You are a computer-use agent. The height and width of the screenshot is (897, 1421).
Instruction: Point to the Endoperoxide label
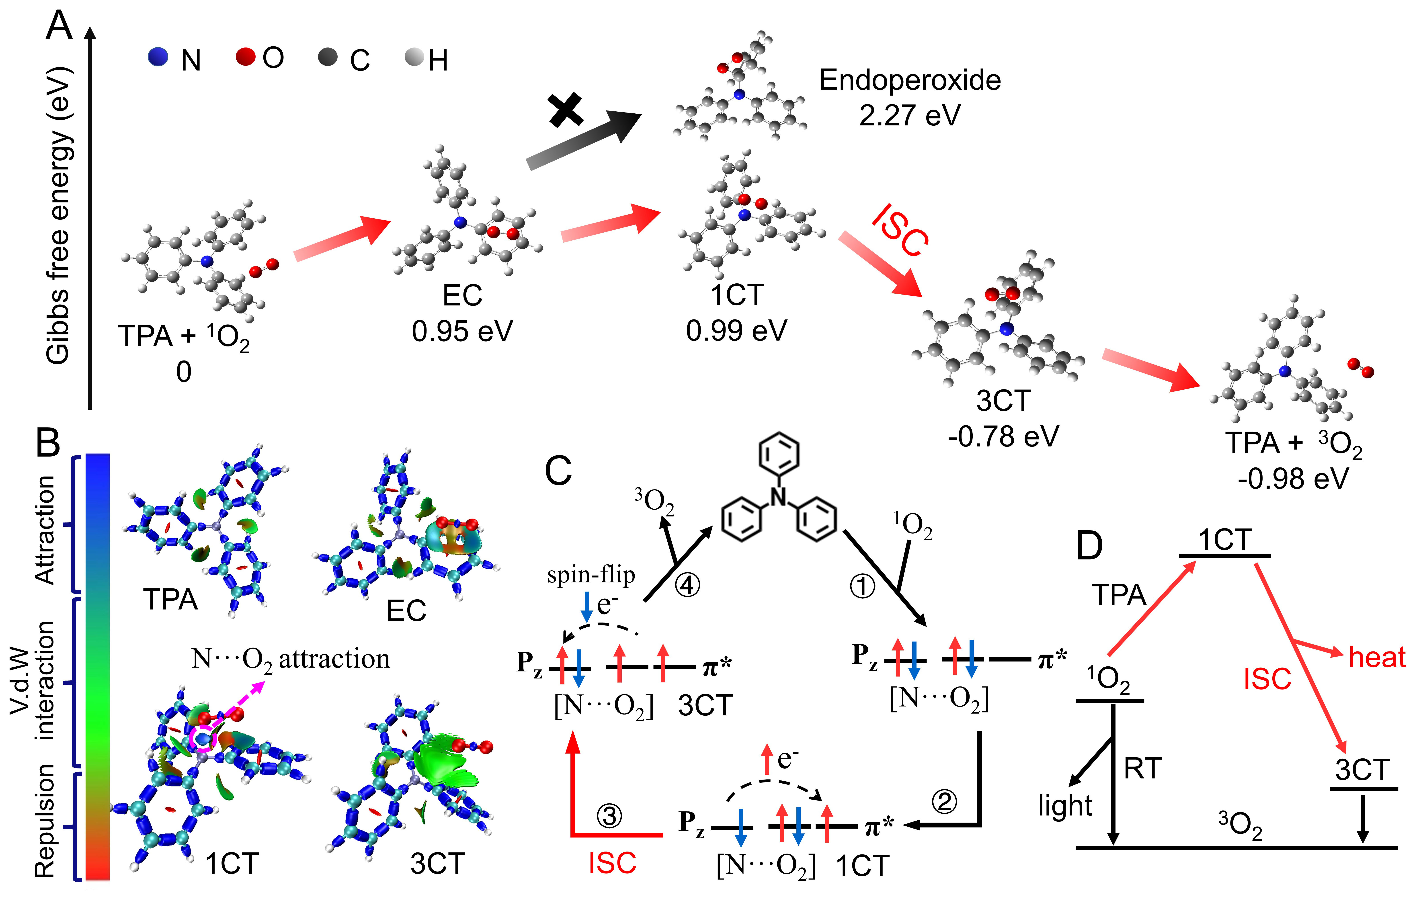pyautogui.click(x=909, y=80)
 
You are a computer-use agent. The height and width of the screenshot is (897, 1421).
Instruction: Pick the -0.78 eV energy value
pyautogui.click(x=1003, y=437)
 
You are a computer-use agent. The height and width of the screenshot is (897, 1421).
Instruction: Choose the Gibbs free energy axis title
pyautogui.click(x=59, y=215)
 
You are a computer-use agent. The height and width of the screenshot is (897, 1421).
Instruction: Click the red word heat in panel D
pyautogui.click(x=1377, y=657)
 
